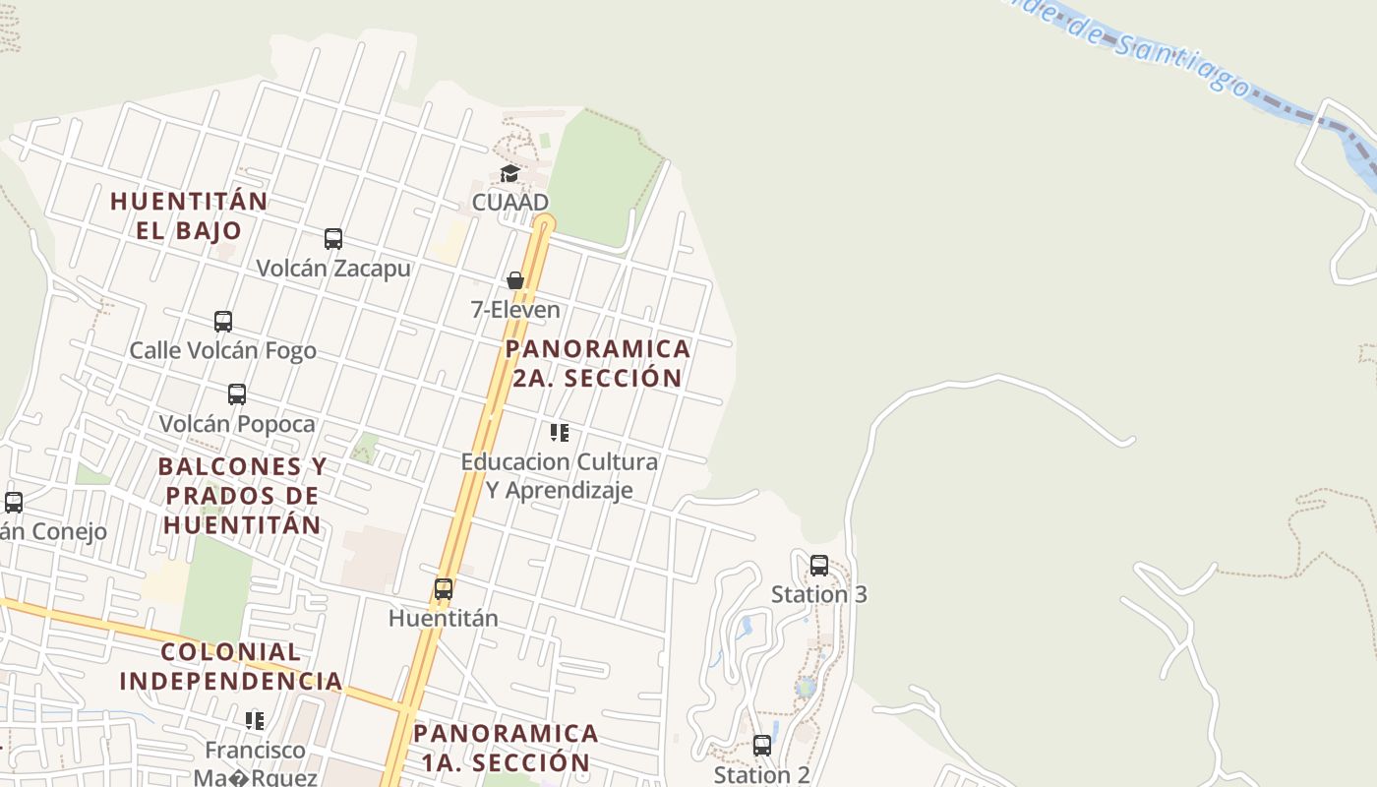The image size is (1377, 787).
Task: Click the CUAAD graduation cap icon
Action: point(509,174)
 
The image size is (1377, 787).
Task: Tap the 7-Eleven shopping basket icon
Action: point(514,281)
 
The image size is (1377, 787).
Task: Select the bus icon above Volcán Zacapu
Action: point(333,239)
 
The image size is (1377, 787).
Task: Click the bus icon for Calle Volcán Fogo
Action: point(223,322)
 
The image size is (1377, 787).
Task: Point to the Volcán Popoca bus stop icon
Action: point(237,394)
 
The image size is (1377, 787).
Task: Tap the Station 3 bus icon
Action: point(819,566)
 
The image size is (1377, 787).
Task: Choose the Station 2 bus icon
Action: point(762,746)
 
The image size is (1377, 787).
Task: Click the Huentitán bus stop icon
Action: point(444,589)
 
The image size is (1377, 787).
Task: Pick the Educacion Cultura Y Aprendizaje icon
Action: point(560,433)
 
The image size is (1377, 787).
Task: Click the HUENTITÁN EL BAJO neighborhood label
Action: point(189,215)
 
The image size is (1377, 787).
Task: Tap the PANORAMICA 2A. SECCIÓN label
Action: point(598,363)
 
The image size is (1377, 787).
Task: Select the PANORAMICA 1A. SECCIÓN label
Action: point(507,748)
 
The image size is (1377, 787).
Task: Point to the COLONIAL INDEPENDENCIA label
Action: point(231,666)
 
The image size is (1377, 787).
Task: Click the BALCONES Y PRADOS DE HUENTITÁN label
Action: point(242,495)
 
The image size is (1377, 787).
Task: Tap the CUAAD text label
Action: point(510,202)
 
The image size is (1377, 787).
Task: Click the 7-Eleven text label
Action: point(515,310)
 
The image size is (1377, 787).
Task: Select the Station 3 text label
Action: point(819,594)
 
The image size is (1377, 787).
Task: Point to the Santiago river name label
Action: point(1131,45)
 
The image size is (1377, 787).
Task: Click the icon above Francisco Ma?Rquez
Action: point(255,721)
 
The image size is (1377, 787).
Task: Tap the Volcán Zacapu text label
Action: point(333,268)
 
